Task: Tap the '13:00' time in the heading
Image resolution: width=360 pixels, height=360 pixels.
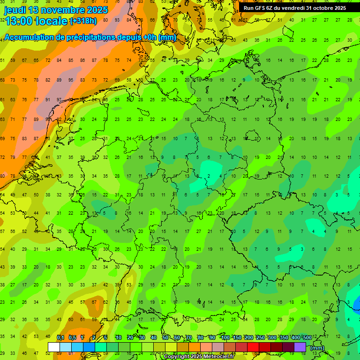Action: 19,21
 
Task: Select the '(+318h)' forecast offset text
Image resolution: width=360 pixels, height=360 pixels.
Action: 83,21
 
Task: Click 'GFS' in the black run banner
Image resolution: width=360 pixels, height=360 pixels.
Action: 262,8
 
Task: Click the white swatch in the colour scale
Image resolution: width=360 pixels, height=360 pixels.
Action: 54,347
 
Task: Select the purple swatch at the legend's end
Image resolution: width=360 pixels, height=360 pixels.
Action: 300,347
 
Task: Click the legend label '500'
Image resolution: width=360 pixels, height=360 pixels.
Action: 307,337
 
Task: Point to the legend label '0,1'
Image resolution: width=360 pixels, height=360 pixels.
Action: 60,337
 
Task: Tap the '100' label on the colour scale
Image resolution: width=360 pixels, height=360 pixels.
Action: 225,337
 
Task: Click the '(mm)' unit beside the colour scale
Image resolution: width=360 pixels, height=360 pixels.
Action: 317,348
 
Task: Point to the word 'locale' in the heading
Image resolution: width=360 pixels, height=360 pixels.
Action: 52,21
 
